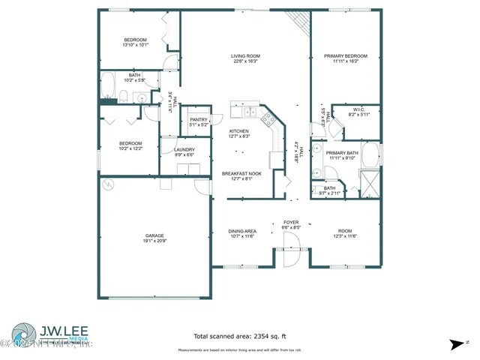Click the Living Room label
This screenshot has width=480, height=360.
click(x=244, y=55)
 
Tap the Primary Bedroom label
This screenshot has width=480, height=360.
click(x=345, y=55)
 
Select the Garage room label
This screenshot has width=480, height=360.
click(x=154, y=235)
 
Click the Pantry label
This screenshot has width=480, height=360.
click(x=199, y=119)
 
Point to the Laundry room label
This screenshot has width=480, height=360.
click(x=184, y=149)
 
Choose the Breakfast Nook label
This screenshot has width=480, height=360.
click(x=241, y=173)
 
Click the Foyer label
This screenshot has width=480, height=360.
click(x=291, y=223)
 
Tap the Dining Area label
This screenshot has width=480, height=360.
click(x=242, y=230)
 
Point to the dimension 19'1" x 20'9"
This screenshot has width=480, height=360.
click(x=154, y=241)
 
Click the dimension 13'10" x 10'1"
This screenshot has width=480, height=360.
click(x=135, y=45)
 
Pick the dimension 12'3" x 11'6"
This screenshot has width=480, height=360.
click(x=344, y=235)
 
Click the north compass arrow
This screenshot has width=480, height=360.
click(x=454, y=344)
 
